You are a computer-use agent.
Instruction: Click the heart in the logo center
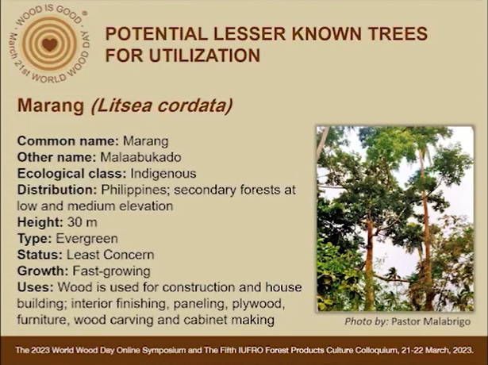coord(50,44)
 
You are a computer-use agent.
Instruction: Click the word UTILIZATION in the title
coord(205,56)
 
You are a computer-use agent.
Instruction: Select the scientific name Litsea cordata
coord(162,106)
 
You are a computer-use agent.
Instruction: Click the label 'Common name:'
coord(68,141)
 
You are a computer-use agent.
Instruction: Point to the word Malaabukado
coord(140,157)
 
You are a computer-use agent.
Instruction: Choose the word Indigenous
coord(163,174)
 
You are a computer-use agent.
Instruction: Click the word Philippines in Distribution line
coord(135,190)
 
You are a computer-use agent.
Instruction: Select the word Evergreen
coord(86,239)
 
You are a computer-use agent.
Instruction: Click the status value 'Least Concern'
coord(110,255)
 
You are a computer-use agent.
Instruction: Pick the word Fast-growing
coord(111,271)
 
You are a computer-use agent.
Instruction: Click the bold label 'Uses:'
coord(36,287)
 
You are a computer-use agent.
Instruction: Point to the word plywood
coord(259,304)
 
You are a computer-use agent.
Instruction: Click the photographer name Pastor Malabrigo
coord(431,321)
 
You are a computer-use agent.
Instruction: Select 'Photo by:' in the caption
coord(367,321)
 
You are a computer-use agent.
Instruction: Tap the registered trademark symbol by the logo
coord(85,13)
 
